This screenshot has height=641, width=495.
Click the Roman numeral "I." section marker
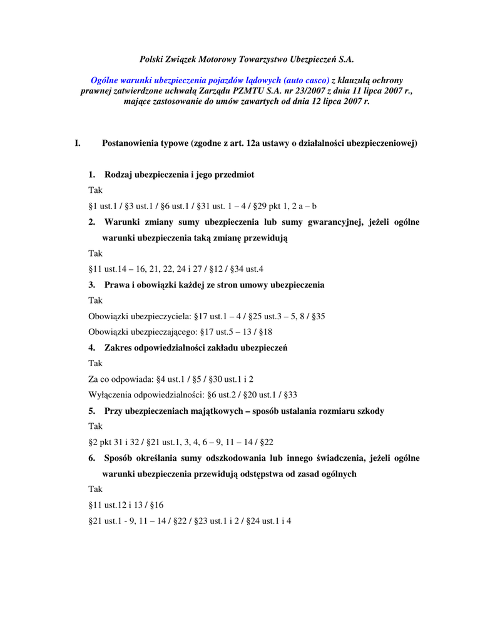tap(78, 143)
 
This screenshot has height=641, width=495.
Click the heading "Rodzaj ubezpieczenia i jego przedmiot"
tap(179, 174)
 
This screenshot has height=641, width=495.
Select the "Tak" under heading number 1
tap(95, 190)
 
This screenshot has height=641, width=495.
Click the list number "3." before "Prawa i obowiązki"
tap(92, 285)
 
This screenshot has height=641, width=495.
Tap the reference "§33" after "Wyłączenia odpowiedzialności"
tap(290, 394)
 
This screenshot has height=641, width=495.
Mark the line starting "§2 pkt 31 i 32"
tap(181, 442)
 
